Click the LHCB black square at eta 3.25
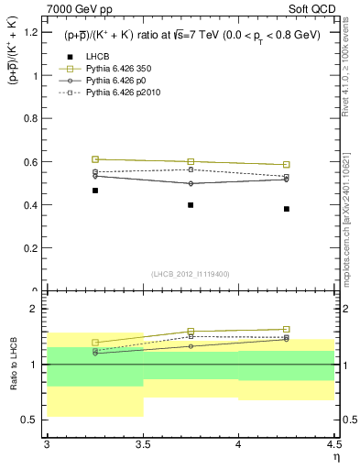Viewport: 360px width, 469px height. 94,191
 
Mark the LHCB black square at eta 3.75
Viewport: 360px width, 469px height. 191,205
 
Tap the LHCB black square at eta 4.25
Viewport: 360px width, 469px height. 287,209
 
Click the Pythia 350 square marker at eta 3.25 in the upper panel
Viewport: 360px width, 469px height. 94,159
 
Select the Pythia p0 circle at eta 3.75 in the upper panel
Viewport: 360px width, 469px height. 191,183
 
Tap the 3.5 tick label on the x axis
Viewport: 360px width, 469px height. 143,445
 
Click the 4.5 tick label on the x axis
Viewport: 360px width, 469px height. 333,445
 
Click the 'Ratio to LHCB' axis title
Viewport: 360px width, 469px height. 13,365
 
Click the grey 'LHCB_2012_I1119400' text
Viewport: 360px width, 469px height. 191,273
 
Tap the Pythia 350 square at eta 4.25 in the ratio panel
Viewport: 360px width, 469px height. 287,329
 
